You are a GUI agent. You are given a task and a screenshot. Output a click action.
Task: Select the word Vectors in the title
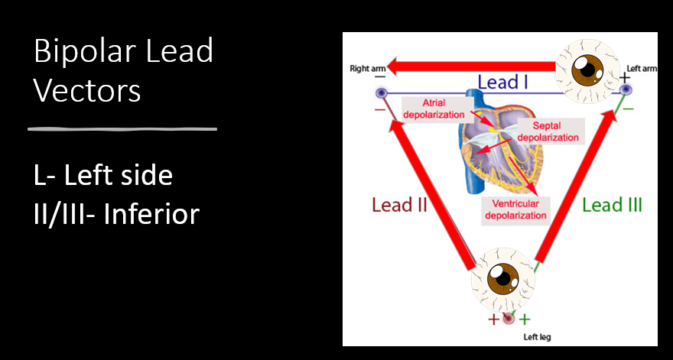tap(87, 91)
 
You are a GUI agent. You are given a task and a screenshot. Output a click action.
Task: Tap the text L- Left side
tap(103, 176)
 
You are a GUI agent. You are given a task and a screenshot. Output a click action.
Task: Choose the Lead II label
tap(398, 205)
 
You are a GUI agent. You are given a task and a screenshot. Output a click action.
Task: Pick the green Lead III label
tap(612, 205)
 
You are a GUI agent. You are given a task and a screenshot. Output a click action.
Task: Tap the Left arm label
tap(642, 69)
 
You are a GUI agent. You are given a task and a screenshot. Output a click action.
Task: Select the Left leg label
tap(536, 336)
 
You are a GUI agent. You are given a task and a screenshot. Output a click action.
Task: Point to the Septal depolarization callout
tap(548, 131)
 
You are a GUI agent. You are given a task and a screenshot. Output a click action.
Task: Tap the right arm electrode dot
tap(381, 93)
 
